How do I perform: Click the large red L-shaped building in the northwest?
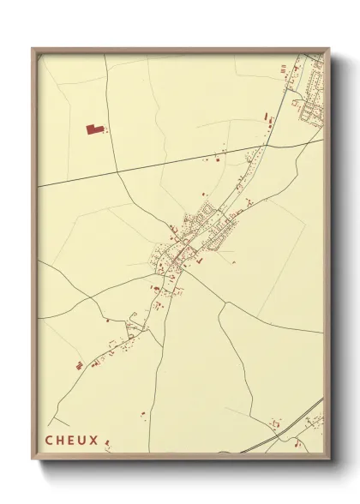(93, 129)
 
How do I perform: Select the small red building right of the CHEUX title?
(108, 442)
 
